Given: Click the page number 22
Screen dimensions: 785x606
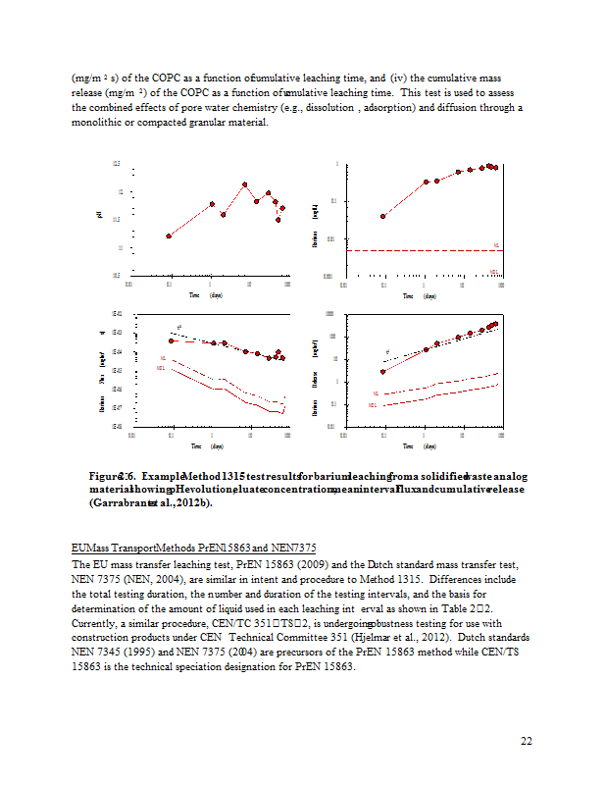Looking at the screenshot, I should (x=526, y=741).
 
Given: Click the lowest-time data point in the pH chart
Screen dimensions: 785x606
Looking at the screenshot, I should (x=170, y=236).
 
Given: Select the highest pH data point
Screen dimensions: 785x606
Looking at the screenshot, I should (x=245, y=183).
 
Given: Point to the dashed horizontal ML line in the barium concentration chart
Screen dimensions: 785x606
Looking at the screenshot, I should (x=422, y=250).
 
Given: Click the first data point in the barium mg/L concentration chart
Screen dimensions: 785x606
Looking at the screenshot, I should (x=383, y=216).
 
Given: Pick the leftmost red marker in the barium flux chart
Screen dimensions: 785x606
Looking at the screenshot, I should (x=172, y=340).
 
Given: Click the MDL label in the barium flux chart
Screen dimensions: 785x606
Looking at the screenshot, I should (x=160, y=369).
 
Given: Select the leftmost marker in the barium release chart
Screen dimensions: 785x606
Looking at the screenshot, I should (x=383, y=372).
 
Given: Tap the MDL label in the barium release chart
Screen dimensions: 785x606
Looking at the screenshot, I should (x=374, y=404).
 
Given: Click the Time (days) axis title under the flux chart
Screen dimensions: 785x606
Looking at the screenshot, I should (x=209, y=446).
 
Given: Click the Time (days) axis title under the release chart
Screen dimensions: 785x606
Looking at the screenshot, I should (x=422, y=446).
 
